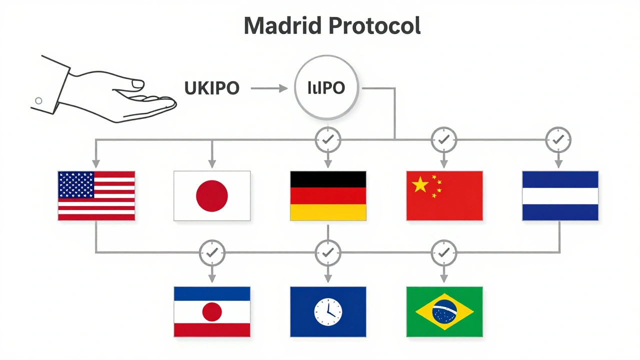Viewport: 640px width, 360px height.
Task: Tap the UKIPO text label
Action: click(212, 88)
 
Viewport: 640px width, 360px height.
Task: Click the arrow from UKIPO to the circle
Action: click(269, 88)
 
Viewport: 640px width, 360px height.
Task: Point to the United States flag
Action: click(96, 196)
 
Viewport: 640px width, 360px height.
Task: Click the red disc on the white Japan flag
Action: click(212, 195)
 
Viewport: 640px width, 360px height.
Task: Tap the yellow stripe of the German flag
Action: click(328, 212)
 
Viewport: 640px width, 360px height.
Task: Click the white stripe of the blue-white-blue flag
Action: click(560, 196)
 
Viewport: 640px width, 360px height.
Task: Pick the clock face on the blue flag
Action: click(327, 311)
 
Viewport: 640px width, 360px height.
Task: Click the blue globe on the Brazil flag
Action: click(444, 311)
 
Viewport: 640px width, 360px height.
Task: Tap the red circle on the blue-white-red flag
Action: click(212, 312)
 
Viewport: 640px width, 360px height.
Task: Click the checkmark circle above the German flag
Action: click(328, 140)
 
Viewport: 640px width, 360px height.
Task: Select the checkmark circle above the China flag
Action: click(444, 140)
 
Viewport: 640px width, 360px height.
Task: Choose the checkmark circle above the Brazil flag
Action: click(444, 253)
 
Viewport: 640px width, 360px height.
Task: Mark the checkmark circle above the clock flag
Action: click(328, 253)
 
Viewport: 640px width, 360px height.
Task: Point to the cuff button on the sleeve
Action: click(38, 101)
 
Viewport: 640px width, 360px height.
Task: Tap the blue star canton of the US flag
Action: click(76, 184)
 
